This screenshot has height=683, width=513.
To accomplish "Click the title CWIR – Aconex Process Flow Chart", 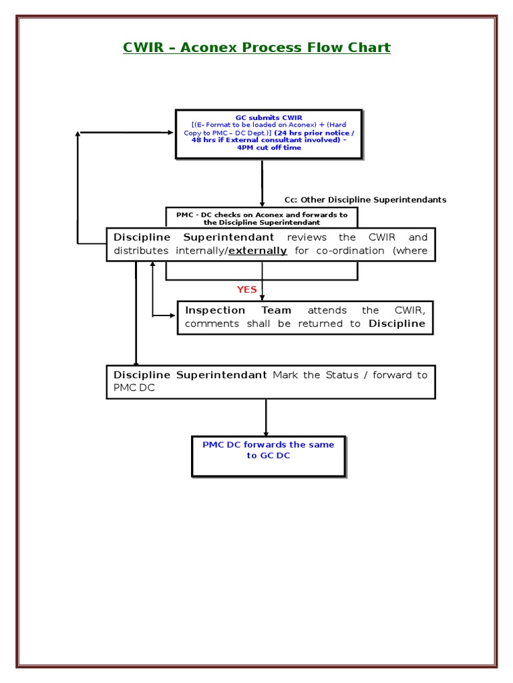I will (x=256, y=47).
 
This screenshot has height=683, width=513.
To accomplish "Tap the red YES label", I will (x=246, y=289).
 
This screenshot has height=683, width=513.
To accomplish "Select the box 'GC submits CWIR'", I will (x=269, y=133).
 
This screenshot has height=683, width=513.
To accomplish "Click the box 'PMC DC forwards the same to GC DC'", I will (x=269, y=456).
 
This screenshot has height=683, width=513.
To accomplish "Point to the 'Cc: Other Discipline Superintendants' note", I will (x=365, y=199).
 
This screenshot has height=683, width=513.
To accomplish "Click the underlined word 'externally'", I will (x=258, y=251).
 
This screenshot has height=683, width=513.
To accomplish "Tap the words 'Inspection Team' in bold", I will (x=238, y=310).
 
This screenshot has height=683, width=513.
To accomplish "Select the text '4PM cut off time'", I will (x=269, y=148).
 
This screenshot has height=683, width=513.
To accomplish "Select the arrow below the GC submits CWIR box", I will (x=262, y=183).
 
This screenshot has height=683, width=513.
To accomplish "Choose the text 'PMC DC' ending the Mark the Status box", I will (x=130, y=388).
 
